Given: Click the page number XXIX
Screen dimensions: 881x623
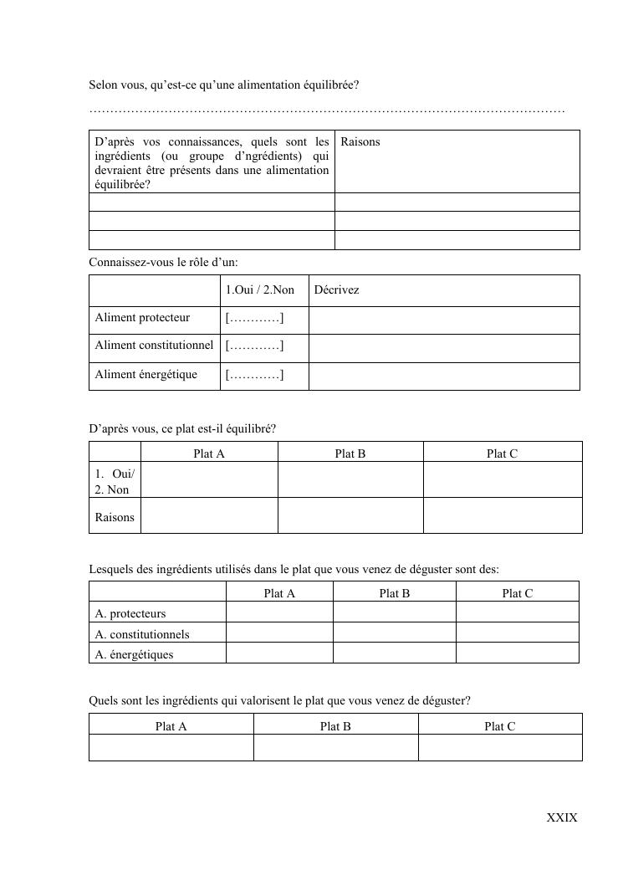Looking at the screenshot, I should pos(561,817).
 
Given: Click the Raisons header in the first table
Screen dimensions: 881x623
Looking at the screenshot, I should pos(360,142).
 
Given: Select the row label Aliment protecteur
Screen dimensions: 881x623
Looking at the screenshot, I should pos(142,318).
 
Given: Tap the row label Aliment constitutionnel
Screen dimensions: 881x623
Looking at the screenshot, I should pos(154,346).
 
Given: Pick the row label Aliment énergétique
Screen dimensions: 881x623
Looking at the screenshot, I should pos(146,374).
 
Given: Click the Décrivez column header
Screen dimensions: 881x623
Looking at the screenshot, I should pos(336,290).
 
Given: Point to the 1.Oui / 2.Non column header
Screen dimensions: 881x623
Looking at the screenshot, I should pos(259,290).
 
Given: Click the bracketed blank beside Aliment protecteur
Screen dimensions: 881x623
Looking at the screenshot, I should pos(254,318).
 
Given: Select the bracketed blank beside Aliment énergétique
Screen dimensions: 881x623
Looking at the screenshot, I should pos(254,374).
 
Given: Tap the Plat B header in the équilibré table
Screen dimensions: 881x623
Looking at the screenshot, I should pos(350,453).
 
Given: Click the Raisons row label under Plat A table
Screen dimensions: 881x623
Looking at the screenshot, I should pos(115,517).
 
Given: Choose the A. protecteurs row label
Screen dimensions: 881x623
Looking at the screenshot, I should pos(130,614).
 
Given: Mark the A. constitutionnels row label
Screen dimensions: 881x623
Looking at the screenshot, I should pos(142,634).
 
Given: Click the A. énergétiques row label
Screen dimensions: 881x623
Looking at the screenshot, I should pos(135,654).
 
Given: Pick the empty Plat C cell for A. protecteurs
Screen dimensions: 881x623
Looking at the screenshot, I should pos(517,613).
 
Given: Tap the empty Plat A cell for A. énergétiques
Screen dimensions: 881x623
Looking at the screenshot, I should pos(279,653).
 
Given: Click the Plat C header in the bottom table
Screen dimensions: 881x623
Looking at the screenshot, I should pos(499,726).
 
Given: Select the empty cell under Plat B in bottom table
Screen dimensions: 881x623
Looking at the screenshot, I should pos(335,748).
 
